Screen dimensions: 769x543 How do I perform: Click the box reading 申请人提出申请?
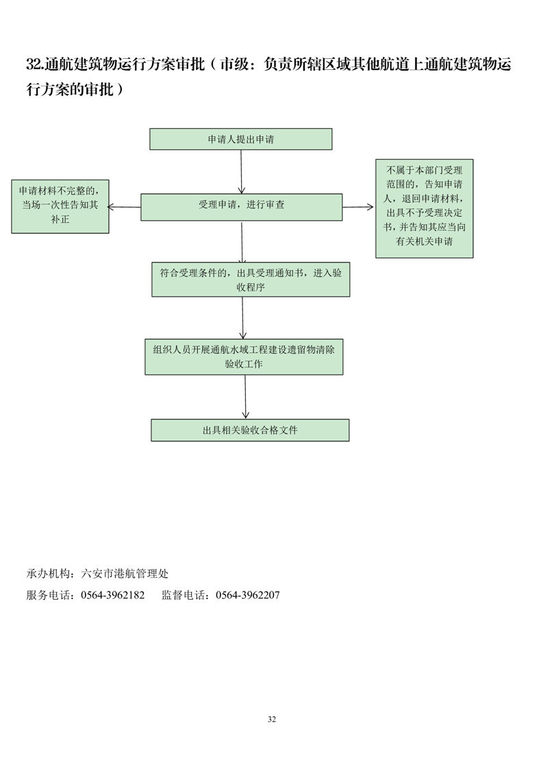coord(241,139)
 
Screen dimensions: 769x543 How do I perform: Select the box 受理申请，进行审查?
coord(241,206)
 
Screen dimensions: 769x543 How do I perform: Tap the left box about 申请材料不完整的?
coord(60,206)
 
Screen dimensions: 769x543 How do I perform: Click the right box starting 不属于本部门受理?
coord(424,208)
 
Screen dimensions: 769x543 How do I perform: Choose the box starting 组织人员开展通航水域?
coord(244,356)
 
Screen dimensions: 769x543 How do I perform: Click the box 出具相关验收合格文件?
coord(249,430)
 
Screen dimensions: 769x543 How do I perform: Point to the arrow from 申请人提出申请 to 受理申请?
coord(241,171)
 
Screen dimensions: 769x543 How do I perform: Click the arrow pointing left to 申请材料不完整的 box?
coord(125,206)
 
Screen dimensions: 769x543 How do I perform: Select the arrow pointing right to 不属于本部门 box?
coord(359,206)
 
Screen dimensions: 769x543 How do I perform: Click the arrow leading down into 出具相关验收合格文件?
coord(245,397)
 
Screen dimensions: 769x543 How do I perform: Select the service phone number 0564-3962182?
coord(112,595)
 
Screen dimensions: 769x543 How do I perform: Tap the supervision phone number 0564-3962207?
coord(247,595)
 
